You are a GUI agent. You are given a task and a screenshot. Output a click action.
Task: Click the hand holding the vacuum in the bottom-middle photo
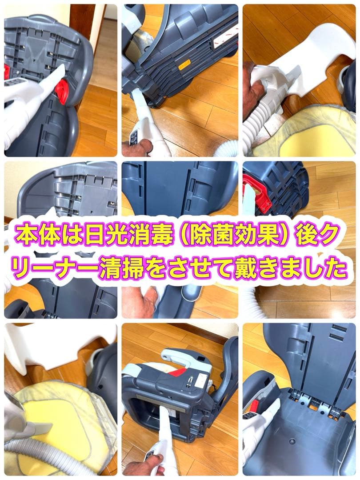click(x=137, y=467)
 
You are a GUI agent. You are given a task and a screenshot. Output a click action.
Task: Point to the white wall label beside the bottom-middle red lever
click(x=202, y=380)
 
